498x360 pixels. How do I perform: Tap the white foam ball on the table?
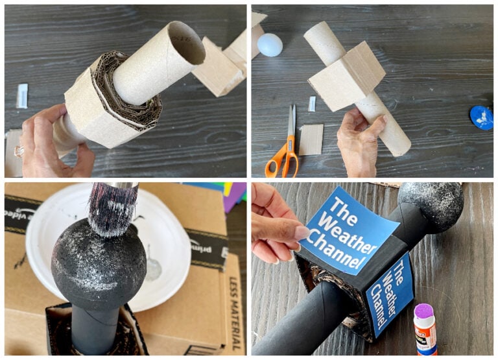[269, 45]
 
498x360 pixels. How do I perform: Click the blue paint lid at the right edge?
[482, 117]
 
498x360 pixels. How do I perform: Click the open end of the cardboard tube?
[184, 43]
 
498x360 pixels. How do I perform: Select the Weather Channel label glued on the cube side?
[390, 293]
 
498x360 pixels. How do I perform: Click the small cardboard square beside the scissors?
[311, 139]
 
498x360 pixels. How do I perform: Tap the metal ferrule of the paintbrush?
[120, 186]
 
